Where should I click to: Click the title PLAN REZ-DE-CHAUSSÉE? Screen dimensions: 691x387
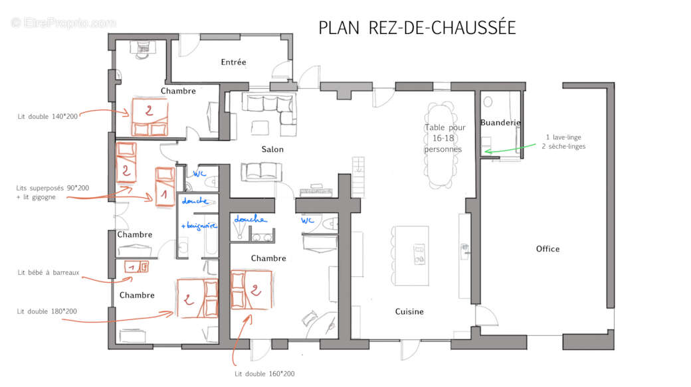[417, 27]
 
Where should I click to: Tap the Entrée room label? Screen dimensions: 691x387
[234, 62]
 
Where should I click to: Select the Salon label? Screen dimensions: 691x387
[272, 149]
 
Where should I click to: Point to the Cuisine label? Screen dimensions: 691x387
[409, 311]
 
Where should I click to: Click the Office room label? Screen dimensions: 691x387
[547, 249]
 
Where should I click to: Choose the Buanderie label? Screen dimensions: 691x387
[500, 122]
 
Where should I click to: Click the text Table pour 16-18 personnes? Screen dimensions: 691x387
[444, 138]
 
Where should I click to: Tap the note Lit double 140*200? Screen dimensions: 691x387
[48, 117]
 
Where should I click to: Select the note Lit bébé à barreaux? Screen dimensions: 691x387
[49, 273]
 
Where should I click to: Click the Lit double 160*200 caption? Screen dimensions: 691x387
[264, 374]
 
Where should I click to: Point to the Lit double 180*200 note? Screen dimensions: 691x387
[47, 311]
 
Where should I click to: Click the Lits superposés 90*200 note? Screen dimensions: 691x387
[52, 193]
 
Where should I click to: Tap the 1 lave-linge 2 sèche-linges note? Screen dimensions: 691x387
[563, 142]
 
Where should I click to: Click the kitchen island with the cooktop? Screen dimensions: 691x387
[411, 256]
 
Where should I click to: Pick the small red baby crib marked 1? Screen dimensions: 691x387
[137, 266]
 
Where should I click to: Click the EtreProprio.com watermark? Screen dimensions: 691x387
[64, 23]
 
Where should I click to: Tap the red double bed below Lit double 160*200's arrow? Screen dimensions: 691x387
[251, 289]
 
